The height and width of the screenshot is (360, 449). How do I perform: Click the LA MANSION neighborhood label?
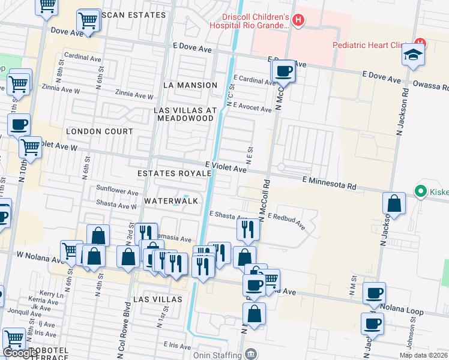pyautogui.click(x=190, y=85)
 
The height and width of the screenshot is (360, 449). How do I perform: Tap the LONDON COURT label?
pyautogui.click(x=100, y=131)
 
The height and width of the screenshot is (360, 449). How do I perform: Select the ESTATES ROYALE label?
pyautogui.click(x=175, y=173)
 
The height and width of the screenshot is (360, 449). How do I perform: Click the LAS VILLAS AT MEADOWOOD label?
pyautogui.click(x=185, y=114)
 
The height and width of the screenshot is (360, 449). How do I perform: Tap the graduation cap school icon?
pyautogui.click(x=414, y=55)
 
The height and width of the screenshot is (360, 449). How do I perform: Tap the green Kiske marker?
pyautogui.click(x=420, y=192)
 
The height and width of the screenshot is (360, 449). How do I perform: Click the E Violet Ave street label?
pyautogui.click(x=226, y=166)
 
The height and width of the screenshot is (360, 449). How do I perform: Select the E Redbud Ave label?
pyautogui.click(x=286, y=221)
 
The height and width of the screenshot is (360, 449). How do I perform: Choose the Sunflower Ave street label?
pyautogui.click(x=118, y=191)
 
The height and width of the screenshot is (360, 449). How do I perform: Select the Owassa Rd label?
pyautogui.click(x=435, y=87)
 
